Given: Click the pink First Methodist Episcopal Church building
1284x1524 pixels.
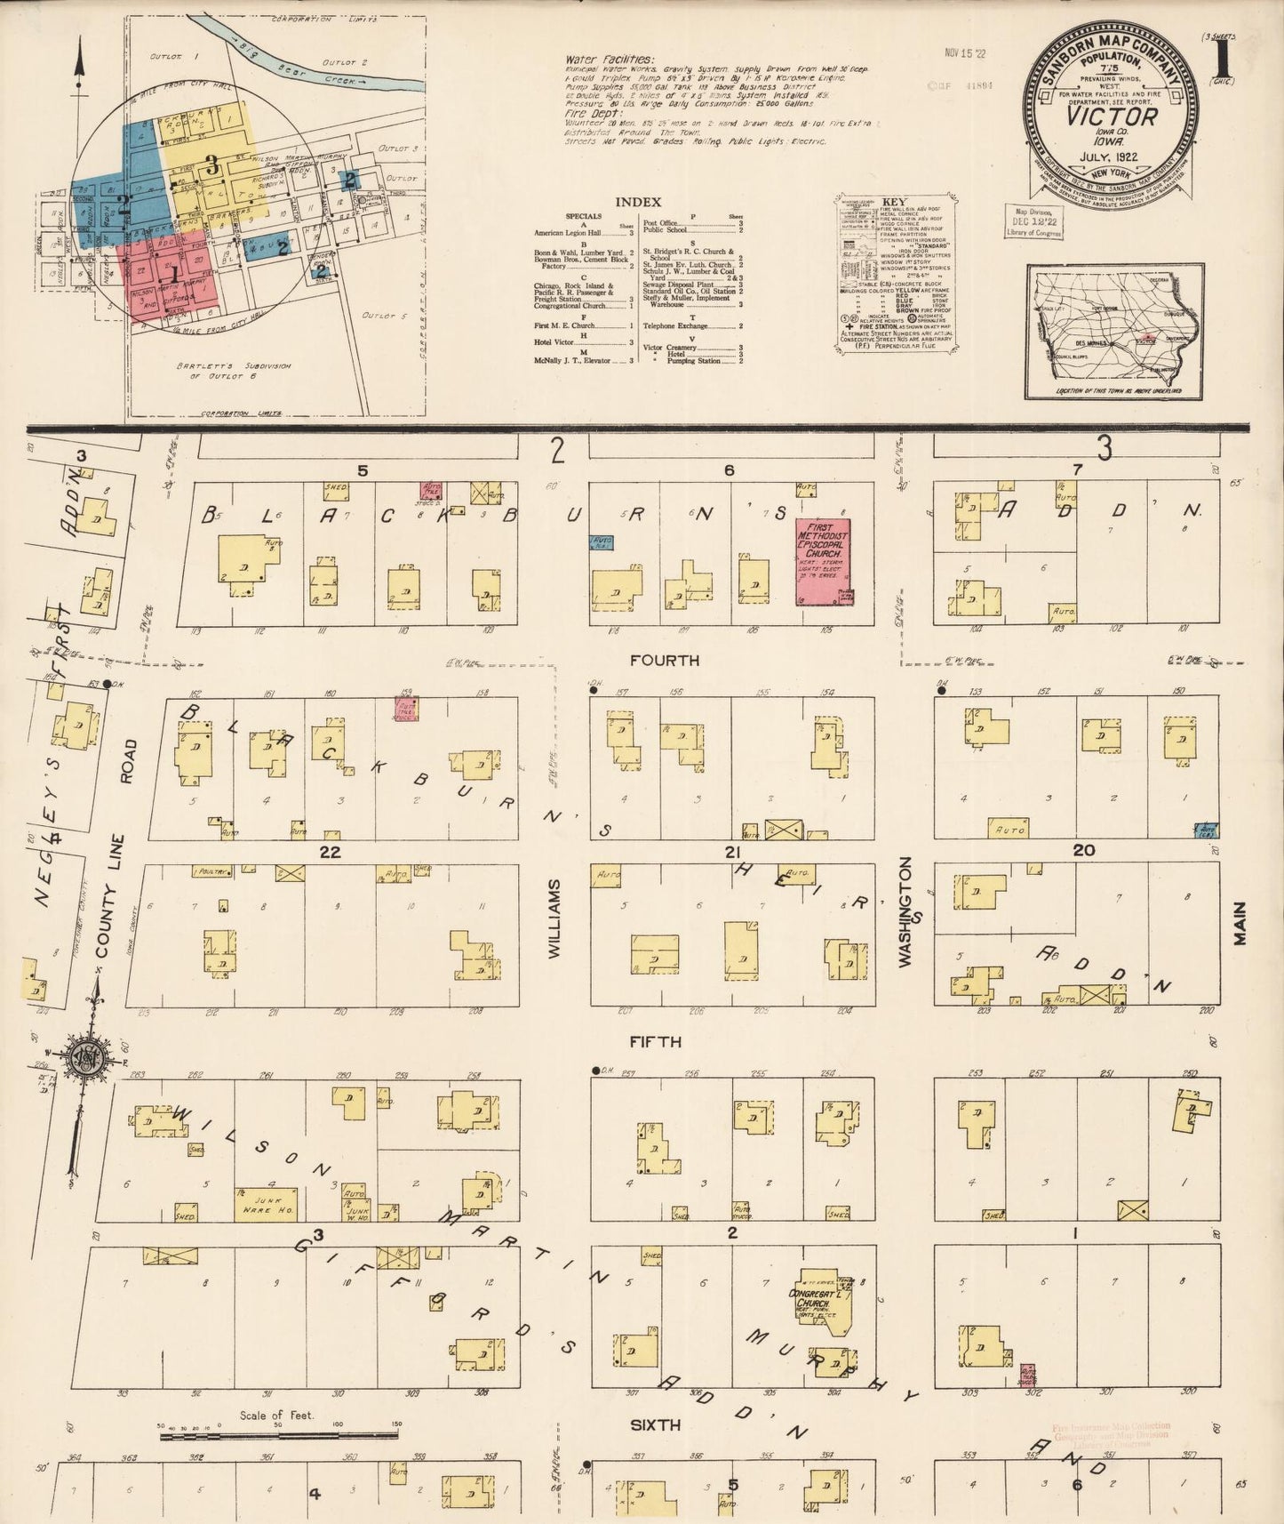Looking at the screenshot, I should pos(823,562).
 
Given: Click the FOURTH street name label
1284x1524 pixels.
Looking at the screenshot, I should pos(664,661).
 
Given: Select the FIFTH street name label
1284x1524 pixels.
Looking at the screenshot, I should pos(656,1041).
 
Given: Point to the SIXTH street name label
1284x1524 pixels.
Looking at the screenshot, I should pos(656,1425).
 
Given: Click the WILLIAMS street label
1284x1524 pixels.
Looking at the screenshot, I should pos(554,918).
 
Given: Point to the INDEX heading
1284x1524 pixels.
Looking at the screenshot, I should pos(638,202).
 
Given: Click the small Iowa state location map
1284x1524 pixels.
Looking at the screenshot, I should pos(1114,332).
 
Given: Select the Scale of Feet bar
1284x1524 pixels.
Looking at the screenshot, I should pos(280,1432).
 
